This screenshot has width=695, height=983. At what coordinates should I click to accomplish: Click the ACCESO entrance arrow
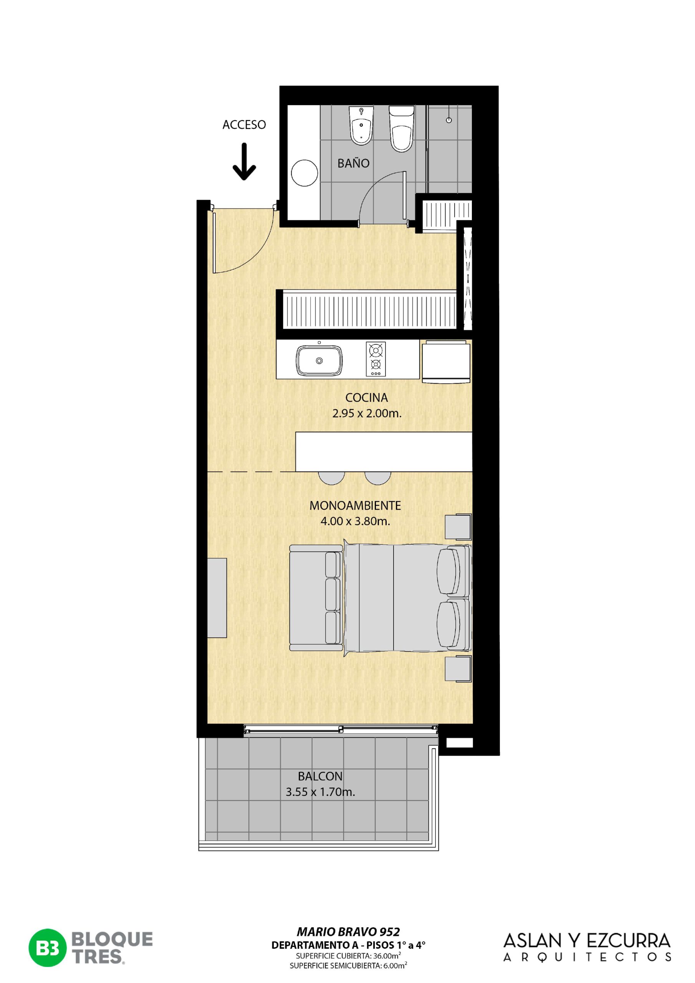pyautogui.click(x=244, y=161)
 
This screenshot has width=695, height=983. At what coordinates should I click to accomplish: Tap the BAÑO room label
pyautogui.click(x=353, y=163)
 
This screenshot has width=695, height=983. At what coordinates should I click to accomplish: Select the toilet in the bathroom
pyautogui.click(x=402, y=129)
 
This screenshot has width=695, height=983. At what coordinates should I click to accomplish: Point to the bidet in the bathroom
pyautogui.click(x=361, y=126)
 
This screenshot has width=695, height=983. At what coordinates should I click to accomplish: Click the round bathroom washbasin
pyautogui.click(x=304, y=173)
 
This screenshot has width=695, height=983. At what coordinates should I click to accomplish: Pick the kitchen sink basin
pyautogui.click(x=319, y=361)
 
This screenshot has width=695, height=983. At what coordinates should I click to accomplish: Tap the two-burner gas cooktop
pyautogui.click(x=376, y=359)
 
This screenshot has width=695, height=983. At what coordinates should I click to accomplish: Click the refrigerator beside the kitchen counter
pyautogui.click(x=446, y=361)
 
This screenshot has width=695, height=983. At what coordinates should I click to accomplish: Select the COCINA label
pyautogui.click(x=367, y=397)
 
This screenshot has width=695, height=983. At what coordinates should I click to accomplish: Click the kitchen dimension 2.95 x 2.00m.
pyautogui.click(x=367, y=414)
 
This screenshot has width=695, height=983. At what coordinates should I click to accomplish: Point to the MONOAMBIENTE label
pyautogui.click(x=355, y=506)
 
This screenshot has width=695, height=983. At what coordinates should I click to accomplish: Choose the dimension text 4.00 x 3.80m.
pyautogui.click(x=356, y=521)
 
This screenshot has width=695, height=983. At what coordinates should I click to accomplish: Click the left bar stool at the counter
pyautogui.click(x=332, y=478)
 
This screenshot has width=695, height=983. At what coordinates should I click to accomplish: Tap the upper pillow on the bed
pyautogui.click(x=448, y=571)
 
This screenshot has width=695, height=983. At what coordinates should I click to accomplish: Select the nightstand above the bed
pyautogui.click(x=458, y=526)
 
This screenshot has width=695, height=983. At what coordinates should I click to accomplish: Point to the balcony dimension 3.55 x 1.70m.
pyautogui.click(x=320, y=792)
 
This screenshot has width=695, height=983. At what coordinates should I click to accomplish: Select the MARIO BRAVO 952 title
pyautogui.click(x=348, y=931)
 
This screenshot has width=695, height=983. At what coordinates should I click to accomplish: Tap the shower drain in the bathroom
pyautogui.click(x=449, y=120)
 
